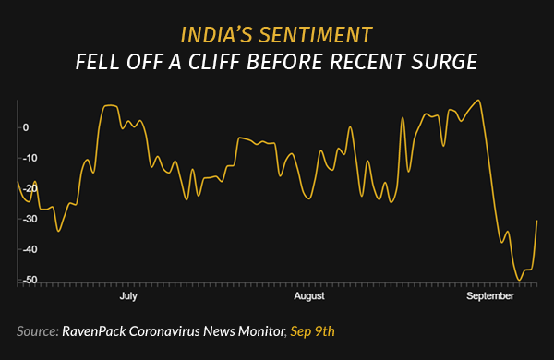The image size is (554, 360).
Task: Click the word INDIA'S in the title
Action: (x=220, y=36)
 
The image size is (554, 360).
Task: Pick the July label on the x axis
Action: (x=128, y=296)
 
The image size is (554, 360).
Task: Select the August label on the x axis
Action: (x=309, y=296)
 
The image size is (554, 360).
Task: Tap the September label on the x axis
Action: (x=489, y=296)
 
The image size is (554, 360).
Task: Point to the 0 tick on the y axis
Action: (x=26, y=127)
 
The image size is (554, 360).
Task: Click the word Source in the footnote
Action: (x=37, y=330)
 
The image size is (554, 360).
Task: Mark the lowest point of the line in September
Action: (x=519, y=280)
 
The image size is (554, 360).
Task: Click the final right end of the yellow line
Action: (x=537, y=220)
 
